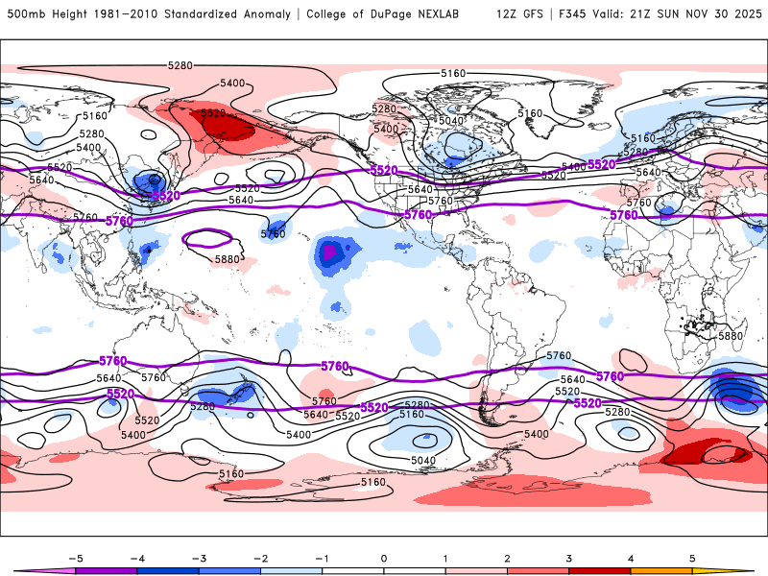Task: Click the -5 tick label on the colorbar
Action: coord(73,557)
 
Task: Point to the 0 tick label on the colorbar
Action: coord(383,557)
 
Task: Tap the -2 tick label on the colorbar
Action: coord(259,557)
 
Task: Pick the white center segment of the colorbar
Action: coord(383,570)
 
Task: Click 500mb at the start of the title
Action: coord(26,14)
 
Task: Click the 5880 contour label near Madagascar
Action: coord(731,336)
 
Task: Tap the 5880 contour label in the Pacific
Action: coord(228,259)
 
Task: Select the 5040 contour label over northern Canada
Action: coord(450,120)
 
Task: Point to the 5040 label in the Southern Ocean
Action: coord(422,460)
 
